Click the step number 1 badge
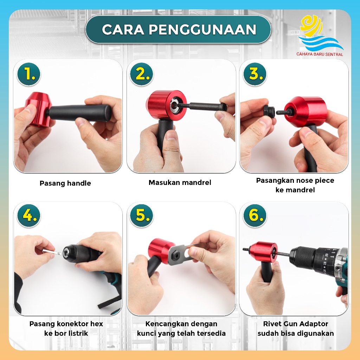pyautogui.click(x=29, y=74)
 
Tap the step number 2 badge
pyautogui.click(x=141, y=74)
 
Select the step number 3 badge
pyautogui.click(x=255, y=74)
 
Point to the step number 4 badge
pyautogui.click(x=29, y=216)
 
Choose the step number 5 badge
pyautogui.click(x=141, y=216)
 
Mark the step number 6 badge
pyautogui.click(x=255, y=216)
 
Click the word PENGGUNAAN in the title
pyautogui.click(x=202, y=30)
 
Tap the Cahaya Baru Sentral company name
pyautogui.click(x=320, y=54)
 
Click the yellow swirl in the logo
pyautogui.click(x=311, y=26)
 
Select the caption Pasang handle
pyautogui.click(x=65, y=183)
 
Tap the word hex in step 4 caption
pyautogui.click(x=96, y=324)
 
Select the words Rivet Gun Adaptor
pyautogui.click(x=295, y=324)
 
